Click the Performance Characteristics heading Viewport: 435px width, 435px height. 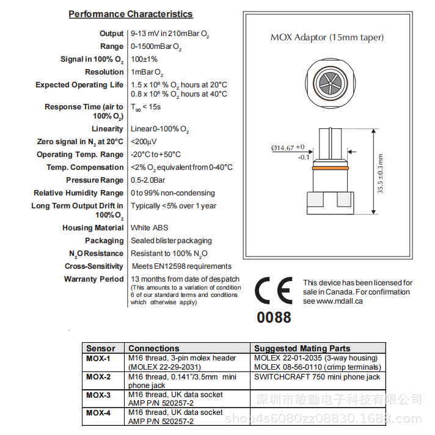130,14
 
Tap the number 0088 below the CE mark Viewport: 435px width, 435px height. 274,317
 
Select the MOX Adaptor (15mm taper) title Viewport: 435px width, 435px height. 327,37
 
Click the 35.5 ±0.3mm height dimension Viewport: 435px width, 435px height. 380,174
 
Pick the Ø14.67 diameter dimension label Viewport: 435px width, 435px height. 287,148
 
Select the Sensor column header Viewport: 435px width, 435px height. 100,348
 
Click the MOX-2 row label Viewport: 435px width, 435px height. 98,377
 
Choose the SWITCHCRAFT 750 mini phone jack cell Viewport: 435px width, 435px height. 317,377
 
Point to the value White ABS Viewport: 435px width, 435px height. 149,228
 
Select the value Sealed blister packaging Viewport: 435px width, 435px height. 171,241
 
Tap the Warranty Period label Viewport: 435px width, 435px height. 93,279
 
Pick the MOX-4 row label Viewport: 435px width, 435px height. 98,413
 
